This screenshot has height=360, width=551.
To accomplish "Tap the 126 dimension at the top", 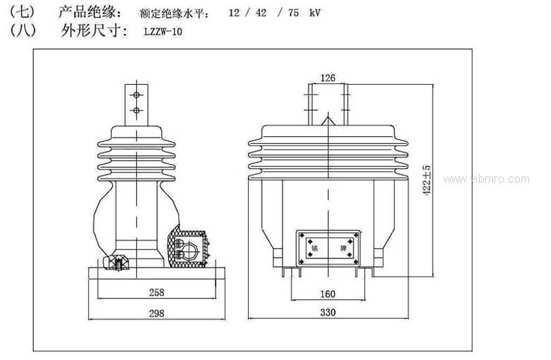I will click(x=328, y=78).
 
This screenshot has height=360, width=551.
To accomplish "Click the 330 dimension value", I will click(x=328, y=312).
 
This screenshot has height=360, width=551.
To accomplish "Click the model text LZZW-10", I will click(x=162, y=31).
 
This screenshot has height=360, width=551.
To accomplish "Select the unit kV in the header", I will click(x=315, y=13).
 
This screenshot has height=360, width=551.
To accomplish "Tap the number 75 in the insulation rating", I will click(x=290, y=13).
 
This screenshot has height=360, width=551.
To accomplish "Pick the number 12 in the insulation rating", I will click(x=235, y=13).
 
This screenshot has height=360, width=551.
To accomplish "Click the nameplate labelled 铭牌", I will click(x=328, y=248).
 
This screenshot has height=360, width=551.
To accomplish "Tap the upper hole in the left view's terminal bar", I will click(x=134, y=95).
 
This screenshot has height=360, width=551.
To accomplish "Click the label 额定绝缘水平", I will click(x=172, y=13).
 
